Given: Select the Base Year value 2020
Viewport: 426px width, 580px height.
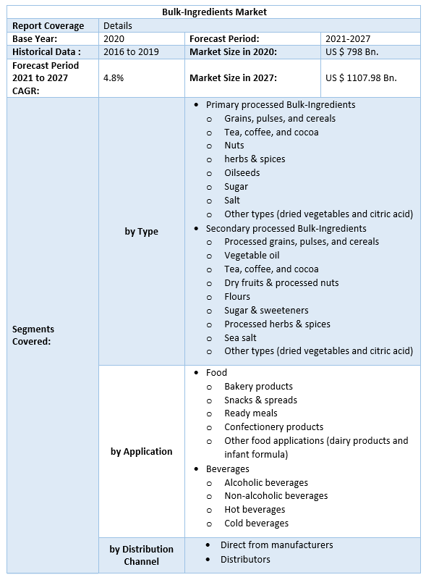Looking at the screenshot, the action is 114,38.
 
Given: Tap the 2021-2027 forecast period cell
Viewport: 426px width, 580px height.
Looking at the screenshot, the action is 348,38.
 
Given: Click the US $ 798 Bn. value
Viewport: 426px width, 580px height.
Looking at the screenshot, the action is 352,51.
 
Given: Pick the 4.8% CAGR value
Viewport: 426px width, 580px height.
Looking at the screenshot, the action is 114,77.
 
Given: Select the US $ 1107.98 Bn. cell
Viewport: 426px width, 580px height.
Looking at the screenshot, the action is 361,77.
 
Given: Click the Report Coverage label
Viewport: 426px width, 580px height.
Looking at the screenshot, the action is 48,25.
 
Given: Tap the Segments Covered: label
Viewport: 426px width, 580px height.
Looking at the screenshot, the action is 33,335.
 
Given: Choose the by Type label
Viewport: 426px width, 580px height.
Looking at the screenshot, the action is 141,231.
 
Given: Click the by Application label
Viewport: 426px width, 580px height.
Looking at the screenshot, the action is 141,451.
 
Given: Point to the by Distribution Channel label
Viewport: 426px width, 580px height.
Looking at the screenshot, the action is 141,555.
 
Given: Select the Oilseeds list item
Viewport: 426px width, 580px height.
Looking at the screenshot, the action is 242,172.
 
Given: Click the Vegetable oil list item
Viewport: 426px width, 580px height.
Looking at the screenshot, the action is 252,255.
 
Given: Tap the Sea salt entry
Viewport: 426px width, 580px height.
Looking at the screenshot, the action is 240,337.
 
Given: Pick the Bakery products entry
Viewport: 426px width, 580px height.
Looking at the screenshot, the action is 258,386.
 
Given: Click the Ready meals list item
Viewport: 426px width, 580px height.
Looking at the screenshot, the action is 251,413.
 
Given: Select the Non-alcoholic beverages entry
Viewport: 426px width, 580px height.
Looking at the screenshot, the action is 276,496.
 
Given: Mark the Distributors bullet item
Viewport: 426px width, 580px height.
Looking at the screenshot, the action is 245,559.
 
